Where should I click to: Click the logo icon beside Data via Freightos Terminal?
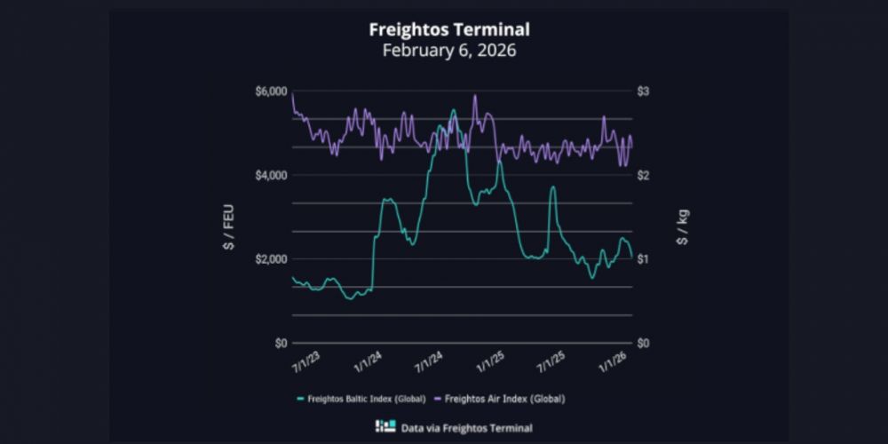point(385,427)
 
